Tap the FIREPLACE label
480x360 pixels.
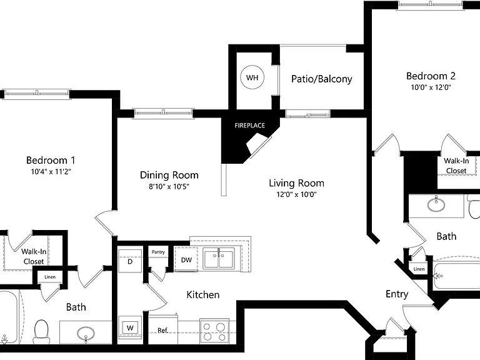click(x=250, y=126)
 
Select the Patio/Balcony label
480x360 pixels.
click(x=322, y=79)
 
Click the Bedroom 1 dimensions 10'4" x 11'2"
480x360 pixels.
click(x=51, y=171)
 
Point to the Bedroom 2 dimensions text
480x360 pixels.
click(x=431, y=87)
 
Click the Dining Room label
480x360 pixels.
click(x=169, y=175)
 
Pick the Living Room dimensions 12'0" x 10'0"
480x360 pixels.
click(x=296, y=194)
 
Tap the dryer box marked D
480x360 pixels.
click(x=130, y=261)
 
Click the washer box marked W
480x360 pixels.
click(x=130, y=328)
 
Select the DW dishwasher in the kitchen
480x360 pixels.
click(x=186, y=259)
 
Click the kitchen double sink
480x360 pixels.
click(x=219, y=258)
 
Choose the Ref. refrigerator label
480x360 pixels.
click(x=163, y=331)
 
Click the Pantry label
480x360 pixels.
click(x=158, y=252)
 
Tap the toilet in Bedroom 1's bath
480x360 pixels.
click(x=41, y=332)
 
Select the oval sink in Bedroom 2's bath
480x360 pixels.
click(x=436, y=204)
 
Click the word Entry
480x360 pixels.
click(x=397, y=294)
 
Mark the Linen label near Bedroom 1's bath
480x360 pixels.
click(x=50, y=277)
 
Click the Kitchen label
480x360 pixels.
click(x=203, y=295)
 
